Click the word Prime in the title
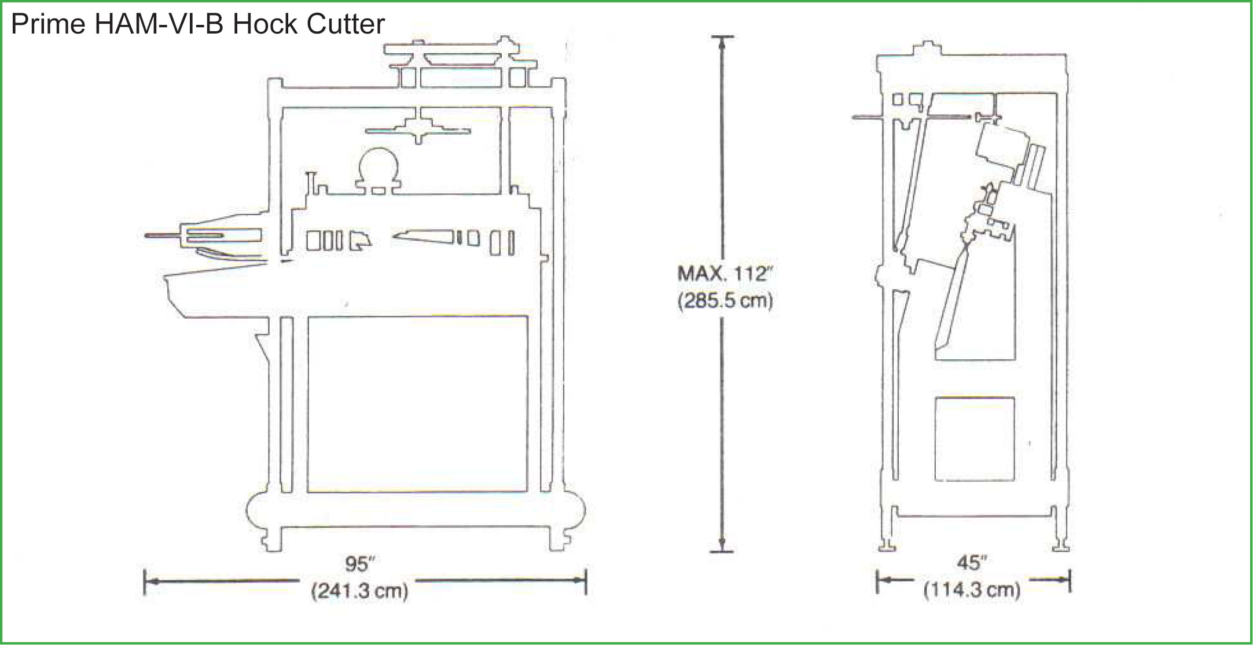coord(48,24)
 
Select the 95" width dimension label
coord(360,563)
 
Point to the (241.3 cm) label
coord(360,591)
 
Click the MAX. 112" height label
coord(725,273)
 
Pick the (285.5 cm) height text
coord(725,301)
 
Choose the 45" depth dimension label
coord(972,562)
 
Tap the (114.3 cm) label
coord(972,590)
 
